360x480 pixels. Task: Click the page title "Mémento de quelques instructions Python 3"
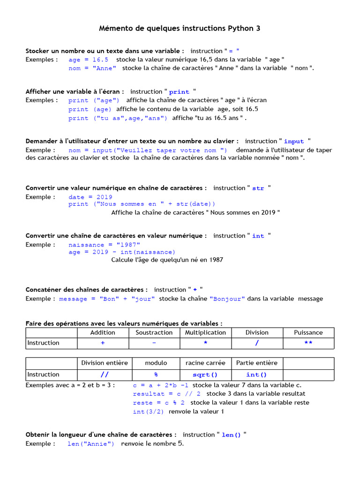tap(180, 29)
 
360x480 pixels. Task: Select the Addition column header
tap(103, 332)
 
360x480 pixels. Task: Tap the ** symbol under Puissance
tap(308, 343)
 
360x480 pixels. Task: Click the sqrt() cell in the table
tap(205, 375)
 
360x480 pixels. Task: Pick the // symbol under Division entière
tap(104, 375)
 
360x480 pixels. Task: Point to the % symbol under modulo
tap(156, 375)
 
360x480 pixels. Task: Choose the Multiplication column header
tap(205, 332)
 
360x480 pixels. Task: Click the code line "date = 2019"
tap(90, 197)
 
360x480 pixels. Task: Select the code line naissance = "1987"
tap(104, 245)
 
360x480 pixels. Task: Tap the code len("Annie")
tap(90, 444)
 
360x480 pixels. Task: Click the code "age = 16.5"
tap(88, 60)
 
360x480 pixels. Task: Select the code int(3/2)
tap(148, 412)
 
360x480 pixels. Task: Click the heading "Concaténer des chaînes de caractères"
tap(87, 290)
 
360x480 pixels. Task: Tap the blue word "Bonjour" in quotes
tap(227, 299)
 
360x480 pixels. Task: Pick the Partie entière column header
tap(257, 363)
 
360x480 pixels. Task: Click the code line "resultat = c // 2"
tap(167, 394)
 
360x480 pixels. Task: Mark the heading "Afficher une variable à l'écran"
tap(75, 91)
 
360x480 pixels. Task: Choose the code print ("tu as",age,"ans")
tap(118, 118)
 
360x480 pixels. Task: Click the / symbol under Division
tap(257, 343)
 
